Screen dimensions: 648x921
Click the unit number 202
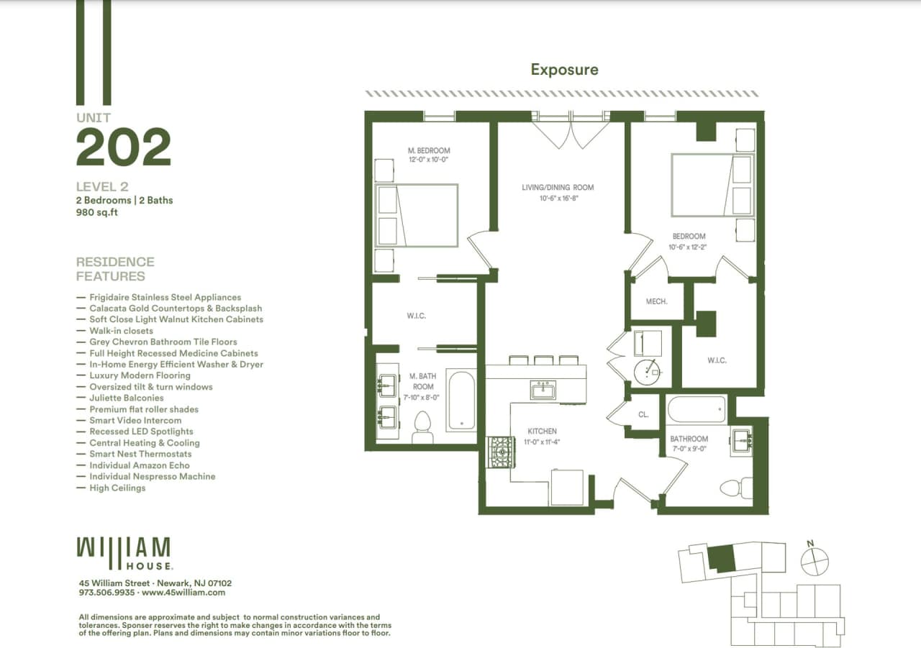(x=124, y=147)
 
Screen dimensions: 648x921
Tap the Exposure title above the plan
(x=564, y=70)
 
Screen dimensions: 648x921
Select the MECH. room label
(x=656, y=301)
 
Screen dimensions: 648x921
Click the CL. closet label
(x=643, y=415)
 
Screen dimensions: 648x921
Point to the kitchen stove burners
(x=499, y=452)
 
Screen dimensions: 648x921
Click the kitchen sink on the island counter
(x=543, y=391)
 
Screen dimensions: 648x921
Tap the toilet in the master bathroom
(x=422, y=429)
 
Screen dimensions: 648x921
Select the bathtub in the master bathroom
(x=460, y=401)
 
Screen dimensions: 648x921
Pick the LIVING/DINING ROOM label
(x=558, y=188)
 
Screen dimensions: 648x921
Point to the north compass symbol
(x=815, y=561)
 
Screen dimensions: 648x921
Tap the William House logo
(x=124, y=552)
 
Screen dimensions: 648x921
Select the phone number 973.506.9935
(x=106, y=593)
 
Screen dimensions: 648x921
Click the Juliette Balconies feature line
(x=126, y=398)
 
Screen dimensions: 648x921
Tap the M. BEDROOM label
(x=428, y=150)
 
